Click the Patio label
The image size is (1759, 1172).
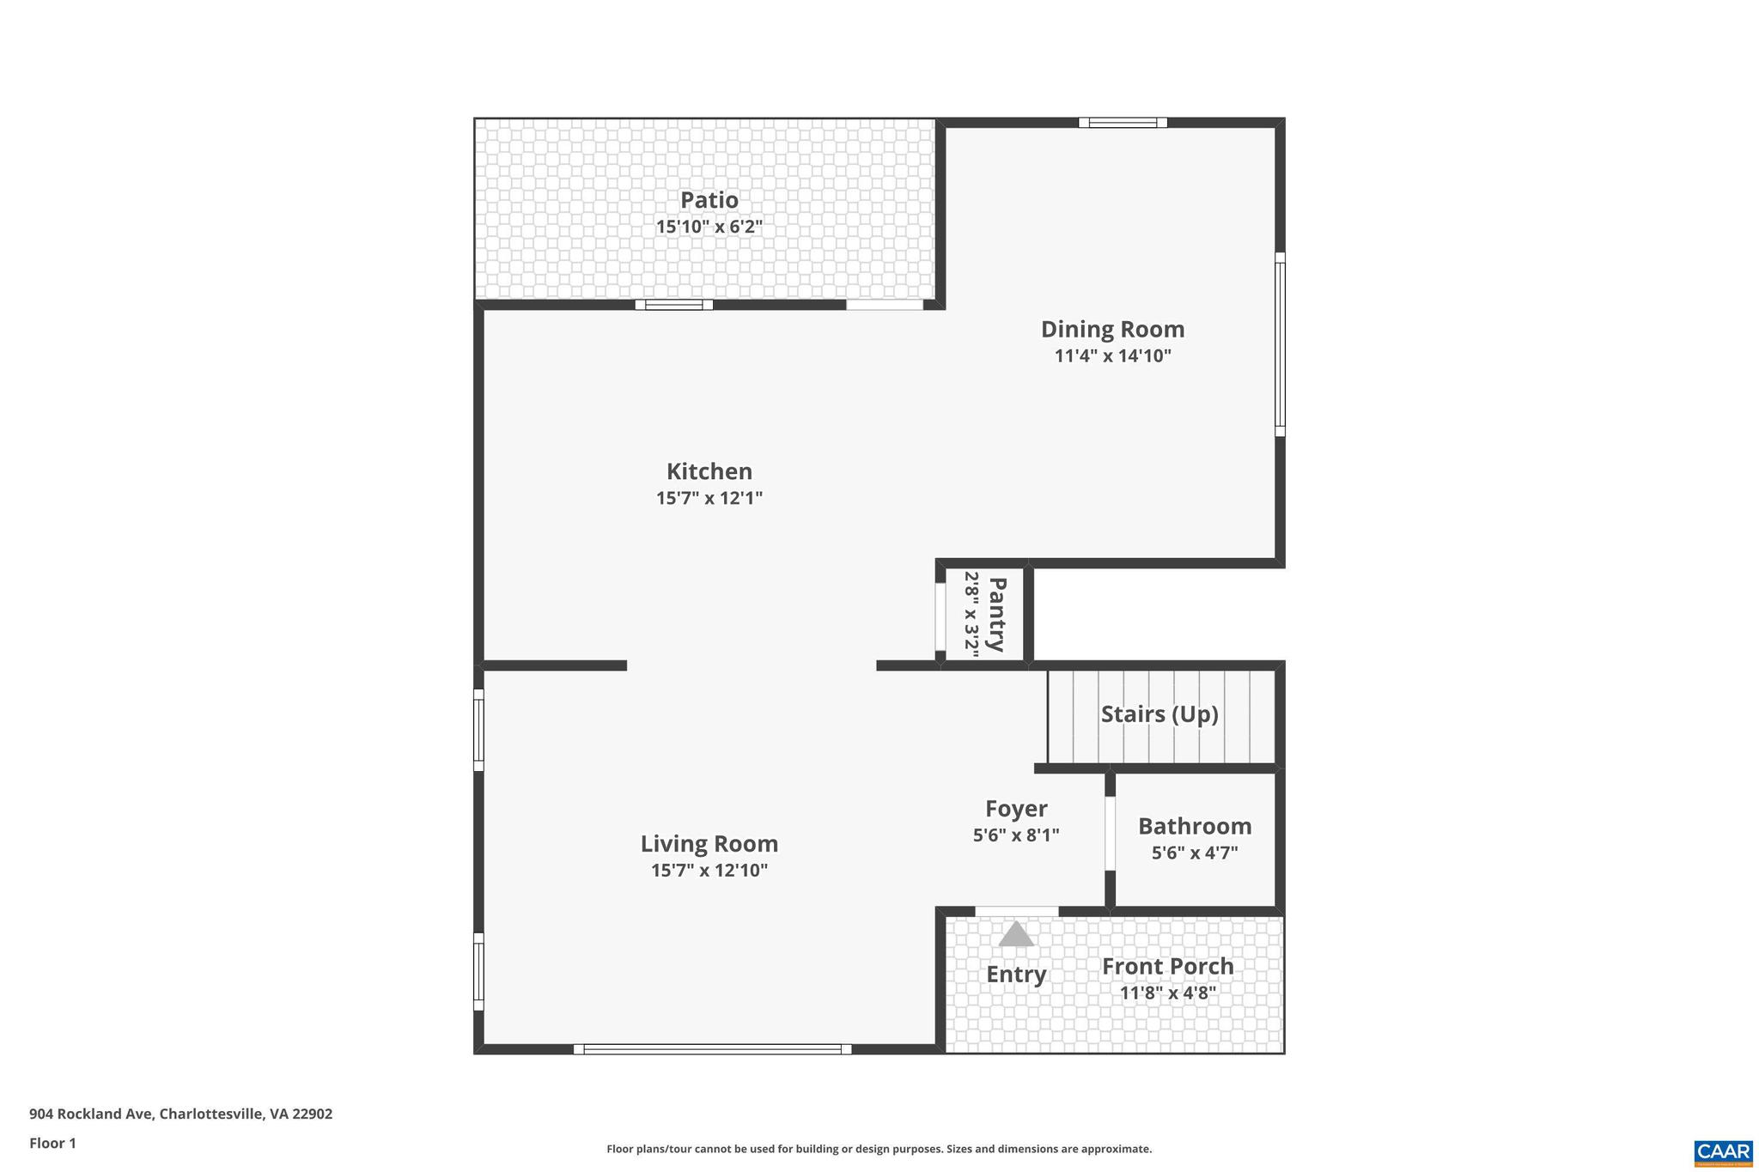(x=709, y=200)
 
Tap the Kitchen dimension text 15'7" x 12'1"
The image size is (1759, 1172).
(x=709, y=498)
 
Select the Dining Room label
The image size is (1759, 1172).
(x=1112, y=330)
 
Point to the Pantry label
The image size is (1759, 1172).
(x=996, y=614)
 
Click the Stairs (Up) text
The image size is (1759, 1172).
(x=1159, y=714)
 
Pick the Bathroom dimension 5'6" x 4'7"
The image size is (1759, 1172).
(x=1194, y=853)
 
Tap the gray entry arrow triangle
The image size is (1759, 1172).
(x=1016, y=934)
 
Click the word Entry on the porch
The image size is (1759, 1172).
(x=1015, y=975)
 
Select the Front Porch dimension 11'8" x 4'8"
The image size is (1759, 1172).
(x=1167, y=993)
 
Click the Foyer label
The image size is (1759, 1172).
(x=1015, y=809)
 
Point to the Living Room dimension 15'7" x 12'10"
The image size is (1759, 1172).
(x=709, y=871)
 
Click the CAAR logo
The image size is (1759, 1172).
(x=1723, y=1151)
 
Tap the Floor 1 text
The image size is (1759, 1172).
(x=52, y=1143)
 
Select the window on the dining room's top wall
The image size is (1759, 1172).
(x=1123, y=123)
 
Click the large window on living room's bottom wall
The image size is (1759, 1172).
(x=712, y=1048)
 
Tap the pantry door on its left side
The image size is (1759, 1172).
(x=940, y=616)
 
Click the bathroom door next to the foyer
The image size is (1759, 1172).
(x=1110, y=833)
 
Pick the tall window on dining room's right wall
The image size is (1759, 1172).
(x=1279, y=343)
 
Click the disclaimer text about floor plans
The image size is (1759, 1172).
(x=879, y=1149)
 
